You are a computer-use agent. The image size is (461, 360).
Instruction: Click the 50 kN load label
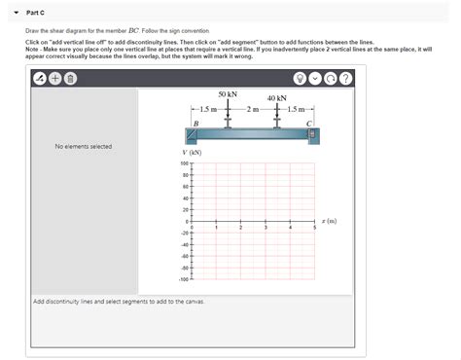[228, 93]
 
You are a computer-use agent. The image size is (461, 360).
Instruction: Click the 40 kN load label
[276, 98]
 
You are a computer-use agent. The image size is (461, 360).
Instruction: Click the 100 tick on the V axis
[184, 163]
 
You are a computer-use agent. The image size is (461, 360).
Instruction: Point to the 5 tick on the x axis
[314, 228]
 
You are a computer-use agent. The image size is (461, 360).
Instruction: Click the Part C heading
[36, 11]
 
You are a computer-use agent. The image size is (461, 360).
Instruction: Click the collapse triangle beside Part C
[17, 11]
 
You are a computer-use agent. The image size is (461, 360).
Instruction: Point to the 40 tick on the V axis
[185, 198]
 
